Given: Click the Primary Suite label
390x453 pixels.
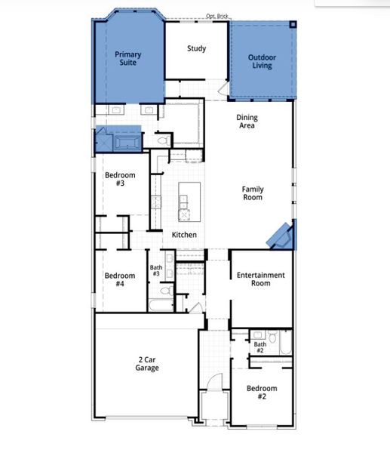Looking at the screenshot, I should coord(127,59).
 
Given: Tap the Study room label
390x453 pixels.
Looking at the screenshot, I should coord(197,49).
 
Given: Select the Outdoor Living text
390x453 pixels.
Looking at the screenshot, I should coord(262,62).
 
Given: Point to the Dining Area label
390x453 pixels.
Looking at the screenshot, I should coord(246,122).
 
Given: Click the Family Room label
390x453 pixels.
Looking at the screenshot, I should coord(252,193).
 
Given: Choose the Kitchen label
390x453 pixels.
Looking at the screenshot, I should coord(184,235).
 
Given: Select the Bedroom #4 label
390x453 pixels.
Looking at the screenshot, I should coord(119,279).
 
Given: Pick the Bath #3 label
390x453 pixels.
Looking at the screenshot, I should coord(155,270).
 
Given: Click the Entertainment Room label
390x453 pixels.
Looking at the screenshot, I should coord(260,279).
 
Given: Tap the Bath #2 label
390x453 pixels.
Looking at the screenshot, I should coord(259,347).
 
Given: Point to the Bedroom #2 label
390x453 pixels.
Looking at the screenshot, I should coord(261,393).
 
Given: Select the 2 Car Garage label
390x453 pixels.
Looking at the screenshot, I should coord(147,364).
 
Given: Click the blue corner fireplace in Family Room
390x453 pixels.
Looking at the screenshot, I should coord(283,236).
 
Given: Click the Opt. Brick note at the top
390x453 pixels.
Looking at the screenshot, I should coord(217,16).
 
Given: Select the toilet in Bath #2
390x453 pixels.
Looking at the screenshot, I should coord(272,337).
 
